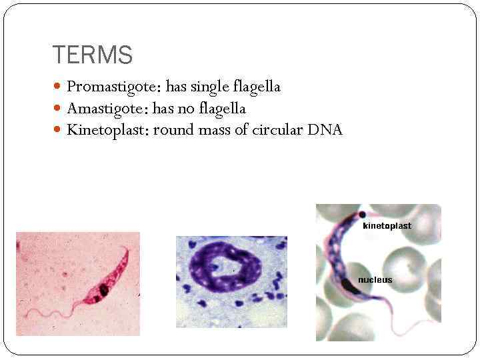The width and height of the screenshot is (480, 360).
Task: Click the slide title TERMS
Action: [x=92, y=55]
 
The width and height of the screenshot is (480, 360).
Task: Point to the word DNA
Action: [x=325, y=129]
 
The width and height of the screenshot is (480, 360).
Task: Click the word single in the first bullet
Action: [x=211, y=87]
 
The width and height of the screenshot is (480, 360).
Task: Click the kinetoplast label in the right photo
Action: [x=387, y=226]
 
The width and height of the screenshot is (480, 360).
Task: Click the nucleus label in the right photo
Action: [x=375, y=280]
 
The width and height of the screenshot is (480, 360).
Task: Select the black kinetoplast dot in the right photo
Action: [x=362, y=215]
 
